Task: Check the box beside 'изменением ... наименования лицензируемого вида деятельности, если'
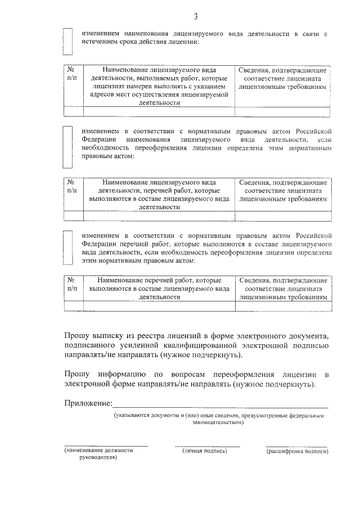[x=67, y=147]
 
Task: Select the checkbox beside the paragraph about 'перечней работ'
[x=67, y=247]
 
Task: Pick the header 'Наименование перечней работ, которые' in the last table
[x=158, y=280]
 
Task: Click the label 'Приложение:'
[x=88, y=403]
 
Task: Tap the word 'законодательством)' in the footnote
[x=218, y=422]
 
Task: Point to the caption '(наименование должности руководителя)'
[x=98, y=454]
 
